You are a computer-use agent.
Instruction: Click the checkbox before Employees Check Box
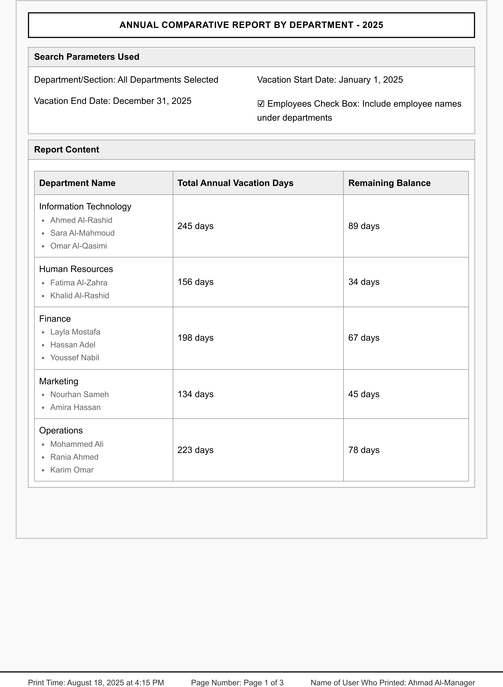point(261,104)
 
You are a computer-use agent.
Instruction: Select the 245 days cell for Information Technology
point(195,226)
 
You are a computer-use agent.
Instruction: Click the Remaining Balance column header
point(389,183)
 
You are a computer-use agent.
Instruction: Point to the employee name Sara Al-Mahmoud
point(82,233)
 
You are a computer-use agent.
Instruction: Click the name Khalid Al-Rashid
point(80,296)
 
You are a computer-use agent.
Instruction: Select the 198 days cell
point(195,338)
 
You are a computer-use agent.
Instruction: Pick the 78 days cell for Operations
point(364,450)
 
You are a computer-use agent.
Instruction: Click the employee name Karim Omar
point(72,470)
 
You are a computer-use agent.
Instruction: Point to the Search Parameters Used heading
point(87,57)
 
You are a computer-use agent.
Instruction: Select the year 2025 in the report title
point(373,25)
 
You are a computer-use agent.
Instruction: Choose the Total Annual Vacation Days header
point(235,183)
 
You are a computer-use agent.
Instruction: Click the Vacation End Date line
point(113,101)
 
